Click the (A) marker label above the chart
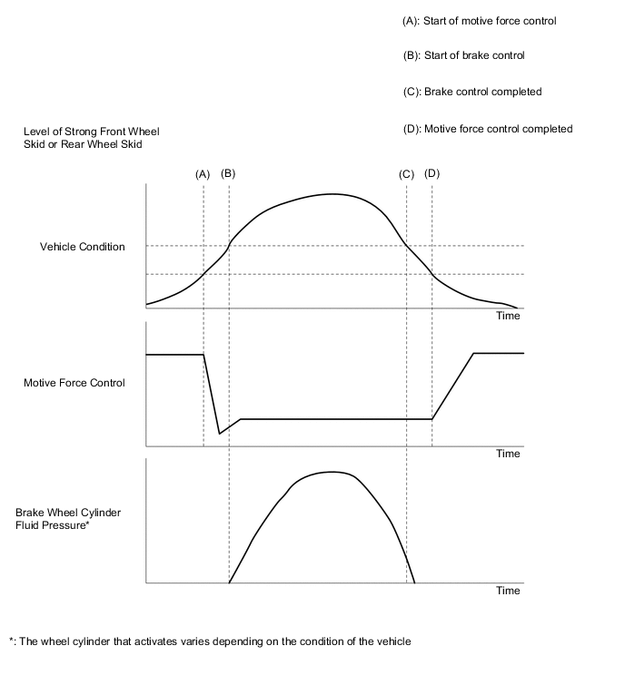203,173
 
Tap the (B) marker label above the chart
228,172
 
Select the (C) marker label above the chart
406,173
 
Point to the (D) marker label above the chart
432,172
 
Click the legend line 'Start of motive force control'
479,21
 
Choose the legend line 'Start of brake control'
463,56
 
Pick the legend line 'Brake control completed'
471,92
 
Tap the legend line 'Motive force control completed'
487,129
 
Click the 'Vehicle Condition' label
83,247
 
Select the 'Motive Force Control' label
74,383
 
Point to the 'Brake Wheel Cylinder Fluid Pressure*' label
68,518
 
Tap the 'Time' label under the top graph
508,316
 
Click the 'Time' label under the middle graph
508,454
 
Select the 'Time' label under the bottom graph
508,591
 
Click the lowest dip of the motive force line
220,434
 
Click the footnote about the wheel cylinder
210,641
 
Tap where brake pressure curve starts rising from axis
229,582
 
